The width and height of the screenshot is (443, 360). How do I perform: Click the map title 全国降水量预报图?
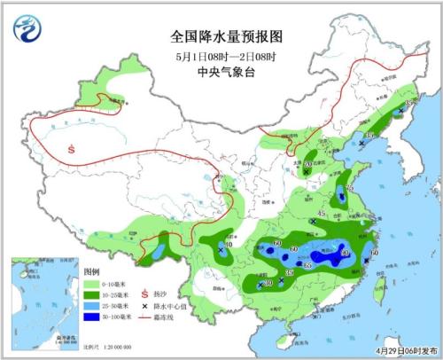point(225,38)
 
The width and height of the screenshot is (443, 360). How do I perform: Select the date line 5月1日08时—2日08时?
point(225,58)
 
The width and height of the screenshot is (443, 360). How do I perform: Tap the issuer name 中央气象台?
point(225,75)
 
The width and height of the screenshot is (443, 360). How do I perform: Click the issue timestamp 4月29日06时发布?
point(404,351)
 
